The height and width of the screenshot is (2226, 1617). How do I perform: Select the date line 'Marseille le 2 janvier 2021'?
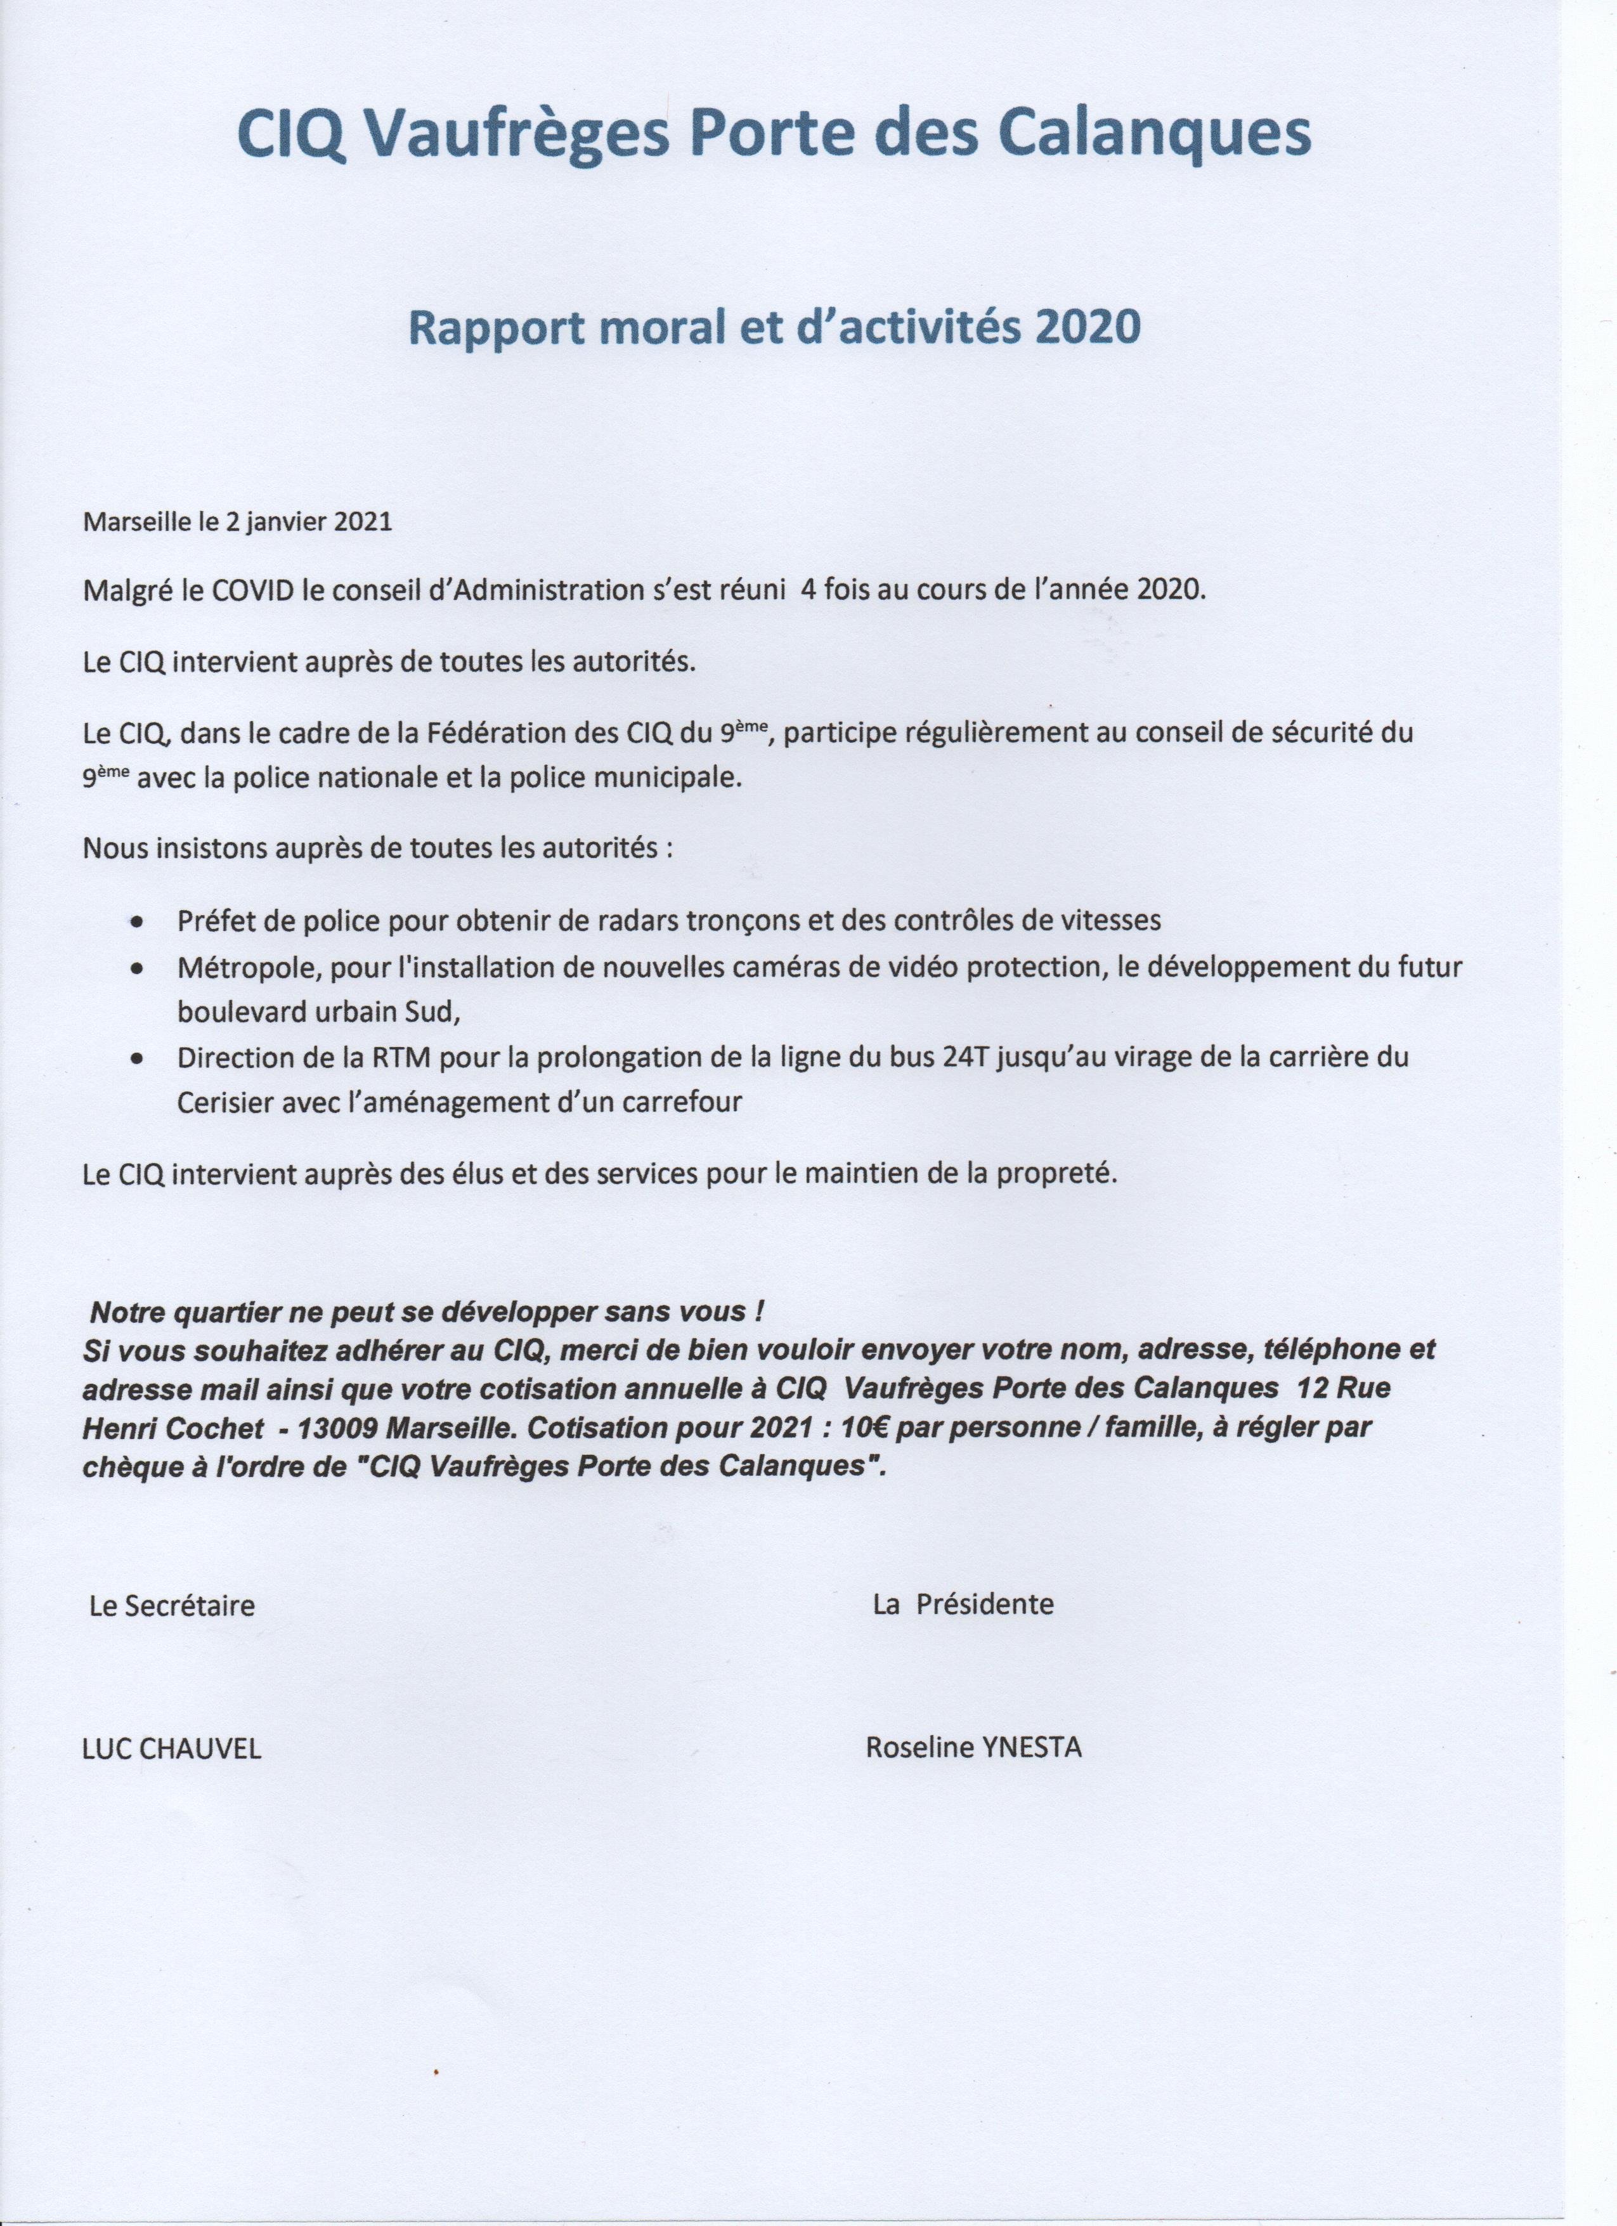pos(237,521)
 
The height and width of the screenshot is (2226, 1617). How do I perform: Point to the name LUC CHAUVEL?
pos(172,1749)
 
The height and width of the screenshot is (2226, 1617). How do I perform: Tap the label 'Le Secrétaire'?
pos(172,1606)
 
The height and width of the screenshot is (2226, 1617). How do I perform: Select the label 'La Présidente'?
pos(963,1604)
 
